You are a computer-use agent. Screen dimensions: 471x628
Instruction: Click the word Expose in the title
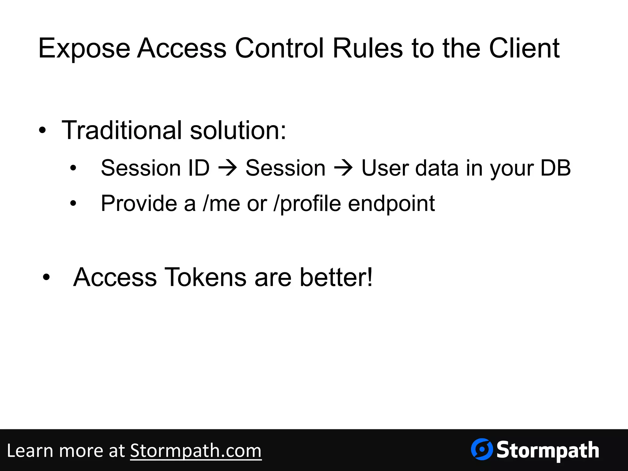pyautogui.click(x=84, y=48)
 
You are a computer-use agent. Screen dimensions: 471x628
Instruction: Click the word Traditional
pyautogui.click(x=122, y=130)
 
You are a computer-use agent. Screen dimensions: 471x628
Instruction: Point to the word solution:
pyautogui.click(x=238, y=130)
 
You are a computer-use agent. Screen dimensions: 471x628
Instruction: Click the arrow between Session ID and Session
pyautogui.click(x=228, y=168)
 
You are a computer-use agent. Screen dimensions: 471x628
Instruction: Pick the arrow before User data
pyautogui.click(x=343, y=168)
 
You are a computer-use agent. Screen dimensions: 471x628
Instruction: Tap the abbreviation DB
pyautogui.click(x=555, y=168)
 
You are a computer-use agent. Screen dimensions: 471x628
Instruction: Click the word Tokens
pyautogui.click(x=205, y=277)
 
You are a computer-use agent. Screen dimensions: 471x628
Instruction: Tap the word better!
pyautogui.click(x=336, y=277)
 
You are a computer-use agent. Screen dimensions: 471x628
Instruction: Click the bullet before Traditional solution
pyautogui.click(x=43, y=131)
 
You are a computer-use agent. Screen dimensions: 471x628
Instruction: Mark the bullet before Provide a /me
pyautogui.click(x=73, y=204)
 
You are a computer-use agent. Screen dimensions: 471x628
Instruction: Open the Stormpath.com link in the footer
pyautogui.click(x=196, y=451)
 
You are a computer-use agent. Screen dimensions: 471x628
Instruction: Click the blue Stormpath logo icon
pyautogui.click(x=482, y=450)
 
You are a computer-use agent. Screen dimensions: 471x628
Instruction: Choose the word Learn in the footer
pyautogui.click(x=30, y=451)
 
